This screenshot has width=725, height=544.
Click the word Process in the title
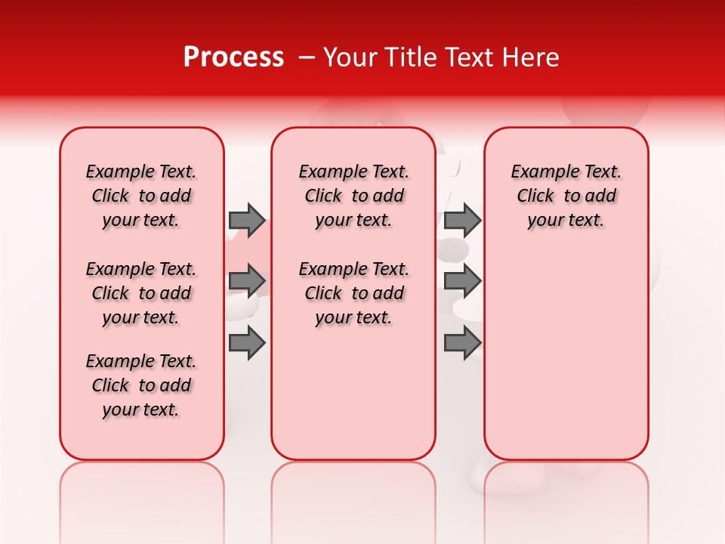233,57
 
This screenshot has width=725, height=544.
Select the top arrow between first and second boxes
247,220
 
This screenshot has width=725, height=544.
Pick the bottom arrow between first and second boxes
247,343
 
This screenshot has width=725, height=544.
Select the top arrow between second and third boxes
462,220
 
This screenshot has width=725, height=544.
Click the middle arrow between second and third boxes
462,281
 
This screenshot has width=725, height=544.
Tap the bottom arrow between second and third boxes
462,343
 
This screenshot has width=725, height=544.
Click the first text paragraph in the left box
141,196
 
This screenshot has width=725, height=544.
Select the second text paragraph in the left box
141,293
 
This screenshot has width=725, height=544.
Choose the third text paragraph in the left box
141,385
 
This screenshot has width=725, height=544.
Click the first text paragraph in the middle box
353,196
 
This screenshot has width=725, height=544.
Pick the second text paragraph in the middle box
353,293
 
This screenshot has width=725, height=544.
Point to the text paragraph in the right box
566,196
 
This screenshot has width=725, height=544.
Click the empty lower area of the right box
566,363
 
